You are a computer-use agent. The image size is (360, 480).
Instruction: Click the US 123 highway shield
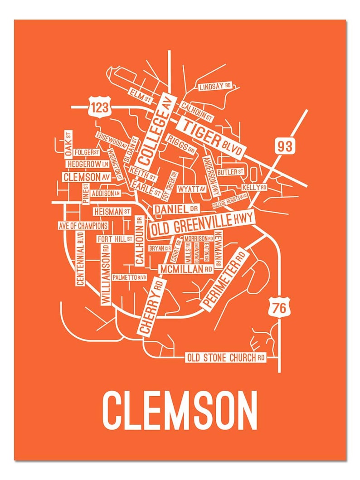99,107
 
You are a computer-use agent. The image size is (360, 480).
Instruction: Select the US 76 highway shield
279,308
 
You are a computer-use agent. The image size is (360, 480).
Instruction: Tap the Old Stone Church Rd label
226,358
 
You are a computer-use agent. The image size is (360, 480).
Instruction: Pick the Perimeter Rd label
225,280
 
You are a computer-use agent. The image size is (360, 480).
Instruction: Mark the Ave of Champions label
83,226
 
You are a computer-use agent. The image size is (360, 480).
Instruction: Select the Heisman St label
112,211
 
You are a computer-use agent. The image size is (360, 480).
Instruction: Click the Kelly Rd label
254,187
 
